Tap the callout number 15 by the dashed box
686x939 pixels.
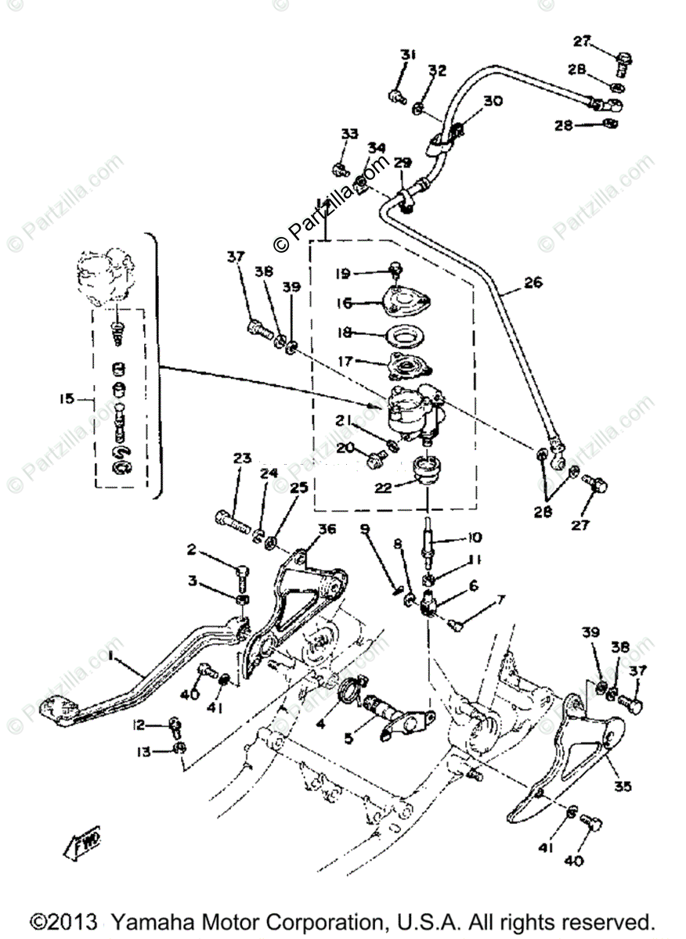pos(67,398)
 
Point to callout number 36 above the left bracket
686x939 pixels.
pos(327,530)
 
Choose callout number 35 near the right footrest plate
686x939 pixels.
pos(623,786)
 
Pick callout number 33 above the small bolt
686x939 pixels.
pos(348,133)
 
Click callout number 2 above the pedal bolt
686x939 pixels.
pos(190,549)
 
